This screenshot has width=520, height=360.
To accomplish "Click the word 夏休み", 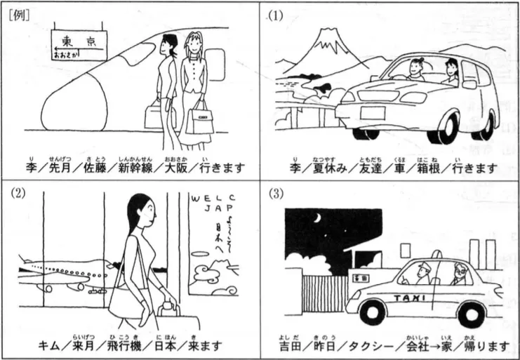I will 328,169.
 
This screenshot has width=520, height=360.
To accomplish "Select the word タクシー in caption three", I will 366,347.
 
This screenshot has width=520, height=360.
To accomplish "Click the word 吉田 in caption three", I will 289,347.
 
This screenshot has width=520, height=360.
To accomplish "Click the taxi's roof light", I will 405,249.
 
